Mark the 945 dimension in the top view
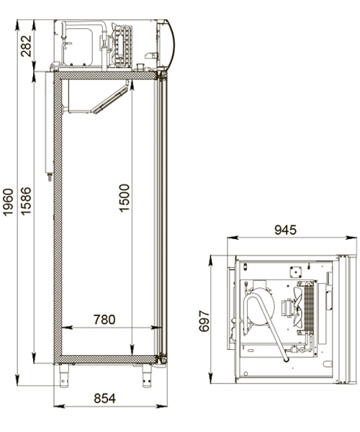(x=285, y=230)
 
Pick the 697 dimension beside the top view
(x=203, y=321)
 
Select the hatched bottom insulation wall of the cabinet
(x=108, y=358)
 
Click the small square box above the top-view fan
(x=294, y=271)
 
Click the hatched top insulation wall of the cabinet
(x=108, y=73)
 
